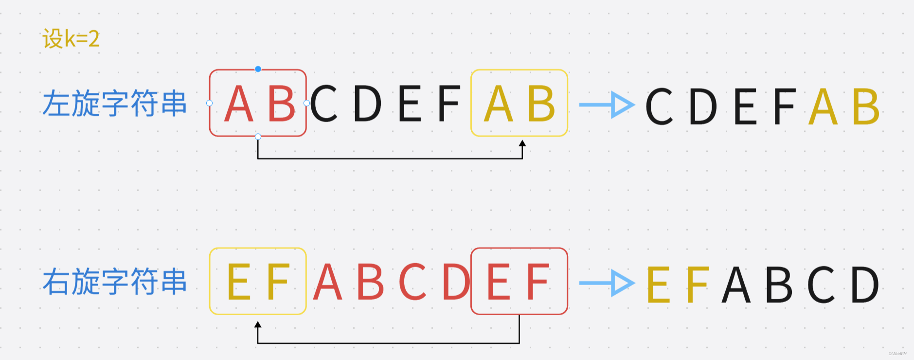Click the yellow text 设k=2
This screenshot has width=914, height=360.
[x=71, y=38]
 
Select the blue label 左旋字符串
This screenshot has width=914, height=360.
[x=115, y=104]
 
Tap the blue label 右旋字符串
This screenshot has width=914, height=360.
[x=115, y=282]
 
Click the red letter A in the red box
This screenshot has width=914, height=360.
[x=238, y=104]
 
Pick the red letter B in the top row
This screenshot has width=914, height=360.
[x=282, y=104]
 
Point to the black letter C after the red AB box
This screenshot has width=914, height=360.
[x=324, y=104]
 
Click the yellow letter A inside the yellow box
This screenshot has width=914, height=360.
[x=499, y=104]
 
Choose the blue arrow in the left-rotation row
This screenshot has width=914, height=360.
[x=607, y=105]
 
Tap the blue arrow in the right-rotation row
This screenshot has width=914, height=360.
[x=607, y=283]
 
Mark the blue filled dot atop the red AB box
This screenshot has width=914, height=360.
[x=258, y=69]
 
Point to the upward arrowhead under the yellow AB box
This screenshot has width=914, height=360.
[x=522, y=143]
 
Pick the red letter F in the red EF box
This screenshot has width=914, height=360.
[x=538, y=282]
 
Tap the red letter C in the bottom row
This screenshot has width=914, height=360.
[x=412, y=282]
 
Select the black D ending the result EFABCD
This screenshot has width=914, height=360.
[x=865, y=285]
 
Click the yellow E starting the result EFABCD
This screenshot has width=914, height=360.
[x=658, y=285]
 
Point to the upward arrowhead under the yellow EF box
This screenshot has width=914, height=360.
[x=258, y=324]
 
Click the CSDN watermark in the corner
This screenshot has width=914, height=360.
[x=897, y=354]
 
